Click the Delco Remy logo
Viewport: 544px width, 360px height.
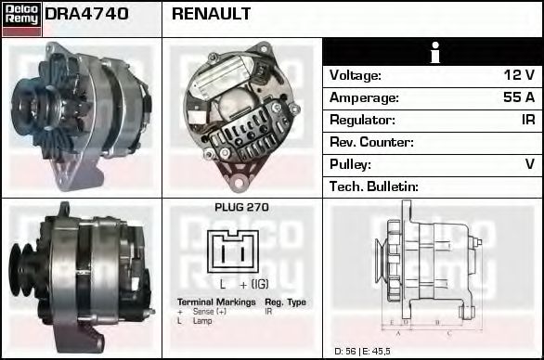pyautogui.click(x=21, y=18)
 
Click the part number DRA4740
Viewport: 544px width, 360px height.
pyautogui.click(x=86, y=14)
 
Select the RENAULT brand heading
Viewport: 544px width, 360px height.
pyautogui.click(x=211, y=14)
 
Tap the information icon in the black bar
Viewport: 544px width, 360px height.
pyautogui.click(x=433, y=53)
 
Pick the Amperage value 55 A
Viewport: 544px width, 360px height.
pyautogui.click(x=518, y=97)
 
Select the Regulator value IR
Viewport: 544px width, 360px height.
pyautogui.click(x=526, y=120)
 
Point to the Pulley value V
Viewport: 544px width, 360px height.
pyautogui.click(x=529, y=164)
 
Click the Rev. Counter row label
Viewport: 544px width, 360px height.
pyautogui.click(x=371, y=142)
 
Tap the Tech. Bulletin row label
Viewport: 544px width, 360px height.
pyautogui.click(x=374, y=186)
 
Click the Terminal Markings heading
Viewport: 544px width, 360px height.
pyautogui.click(x=217, y=302)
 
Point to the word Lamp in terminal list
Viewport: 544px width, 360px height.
pyautogui.click(x=202, y=320)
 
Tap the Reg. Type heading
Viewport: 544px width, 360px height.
pyautogui.click(x=285, y=302)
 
